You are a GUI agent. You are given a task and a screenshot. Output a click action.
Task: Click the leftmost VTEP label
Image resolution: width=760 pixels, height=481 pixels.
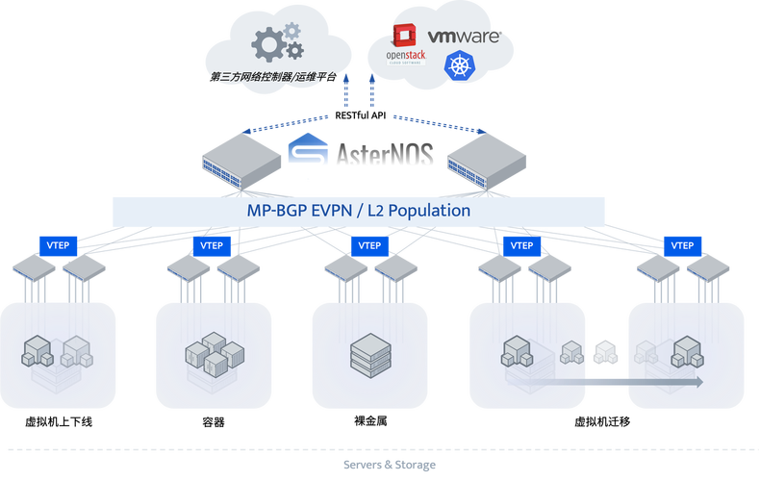pos(57,245)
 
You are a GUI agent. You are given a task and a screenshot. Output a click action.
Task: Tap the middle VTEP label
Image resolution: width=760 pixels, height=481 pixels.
pos(369,245)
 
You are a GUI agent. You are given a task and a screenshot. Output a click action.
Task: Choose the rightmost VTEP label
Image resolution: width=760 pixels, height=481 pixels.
pos(682,245)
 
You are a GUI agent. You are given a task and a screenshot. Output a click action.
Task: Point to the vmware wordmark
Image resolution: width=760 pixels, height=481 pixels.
pos(465,37)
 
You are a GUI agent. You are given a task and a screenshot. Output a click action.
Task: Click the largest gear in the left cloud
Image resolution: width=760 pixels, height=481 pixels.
pos(268,42)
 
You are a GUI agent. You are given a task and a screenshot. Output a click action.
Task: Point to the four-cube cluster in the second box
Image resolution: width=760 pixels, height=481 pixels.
pos(206,353)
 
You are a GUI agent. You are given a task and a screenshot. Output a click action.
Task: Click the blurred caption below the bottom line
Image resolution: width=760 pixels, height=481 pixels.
pos(389,465)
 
